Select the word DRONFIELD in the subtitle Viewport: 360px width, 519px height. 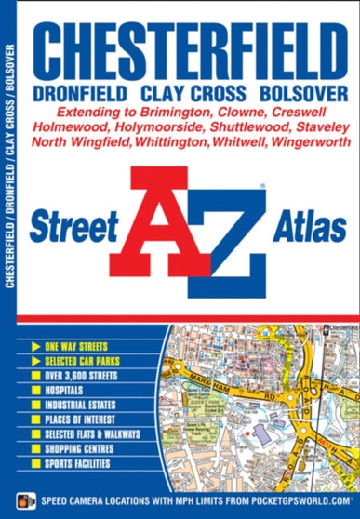pos(81,94)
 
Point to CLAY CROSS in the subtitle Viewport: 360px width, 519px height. pos(193,94)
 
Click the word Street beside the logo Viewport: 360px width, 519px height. pos(73,227)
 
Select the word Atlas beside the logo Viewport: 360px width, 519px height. pos(303,227)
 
